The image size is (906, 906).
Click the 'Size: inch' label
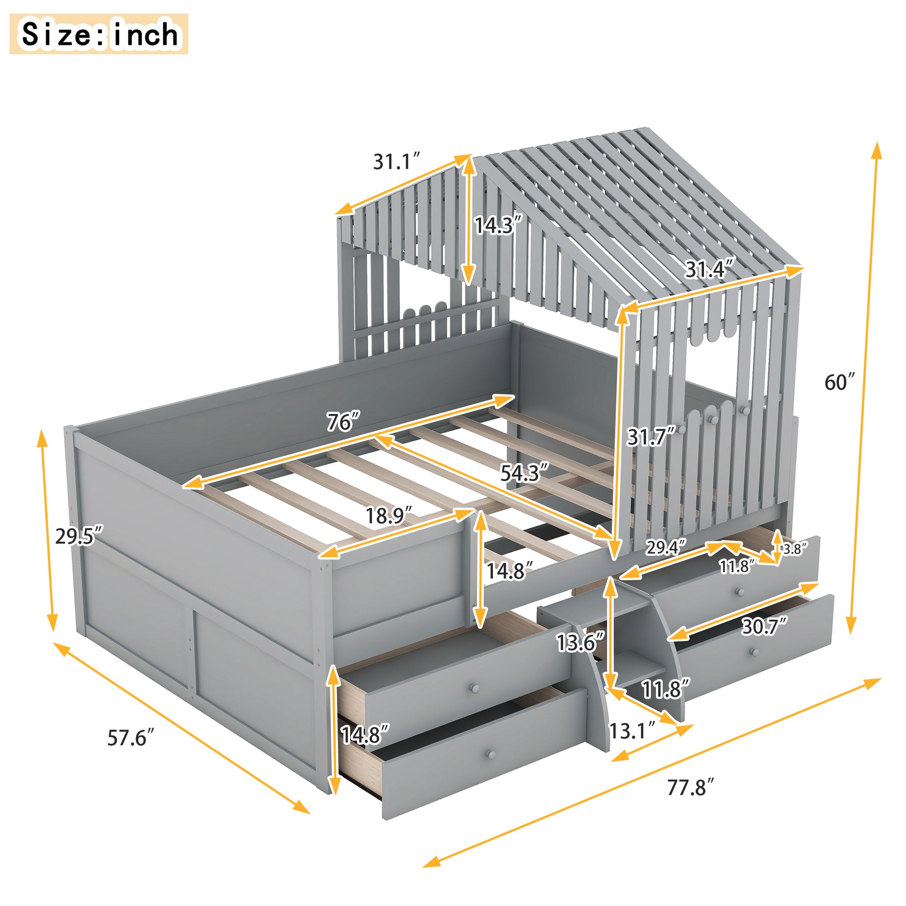coord(99,34)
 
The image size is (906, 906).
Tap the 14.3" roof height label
coord(498,225)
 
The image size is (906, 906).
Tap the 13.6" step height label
coord(580,642)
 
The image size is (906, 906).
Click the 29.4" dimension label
coord(665,547)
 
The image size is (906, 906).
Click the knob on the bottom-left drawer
coord(491,755)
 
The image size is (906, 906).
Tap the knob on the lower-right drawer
coord(754,652)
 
